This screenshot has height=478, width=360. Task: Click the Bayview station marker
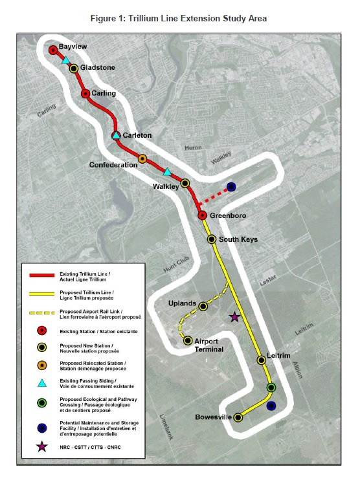pyautogui.click(x=53, y=50)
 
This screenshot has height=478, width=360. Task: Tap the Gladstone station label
pyautogui.click(x=98, y=67)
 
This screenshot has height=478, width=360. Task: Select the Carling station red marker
pyautogui.click(x=85, y=94)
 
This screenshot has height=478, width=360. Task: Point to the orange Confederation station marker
pyautogui.click(x=142, y=159)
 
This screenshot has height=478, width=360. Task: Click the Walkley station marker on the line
pyautogui.click(x=185, y=183)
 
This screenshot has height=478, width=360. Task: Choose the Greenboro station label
pyautogui.click(x=228, y=215)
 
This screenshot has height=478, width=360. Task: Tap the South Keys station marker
pyautogui.click(x=212, y=239)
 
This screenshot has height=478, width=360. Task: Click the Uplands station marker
pyautogui.click(x=203, y=307)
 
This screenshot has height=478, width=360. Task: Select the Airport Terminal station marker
pyautogui.click(x=188, y=340)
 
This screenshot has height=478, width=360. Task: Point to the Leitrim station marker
pyautogui.click(x=261, y=360)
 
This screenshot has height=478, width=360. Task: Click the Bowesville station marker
pyautogui.click(x=238, y=417)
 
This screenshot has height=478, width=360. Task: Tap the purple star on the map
pyautogui.click(x=234, y=317)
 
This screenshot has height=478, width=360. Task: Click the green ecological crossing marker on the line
pyautogui.click(x=271, y=387)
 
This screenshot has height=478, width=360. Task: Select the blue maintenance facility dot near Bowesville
pyautogui.click(x=271, y=406)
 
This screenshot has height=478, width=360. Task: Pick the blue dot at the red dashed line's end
pyautogui.click(x=231, y=187)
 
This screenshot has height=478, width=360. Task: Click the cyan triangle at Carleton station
pyautogui.click(x=116, y=135)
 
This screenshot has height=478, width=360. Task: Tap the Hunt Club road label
pyautogui.click(x=176, y=264)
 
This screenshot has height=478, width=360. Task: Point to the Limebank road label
pyautogui.click(x=166, y=427)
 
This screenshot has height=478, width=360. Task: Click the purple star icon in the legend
pyautogui.click(x=42, y=447)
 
